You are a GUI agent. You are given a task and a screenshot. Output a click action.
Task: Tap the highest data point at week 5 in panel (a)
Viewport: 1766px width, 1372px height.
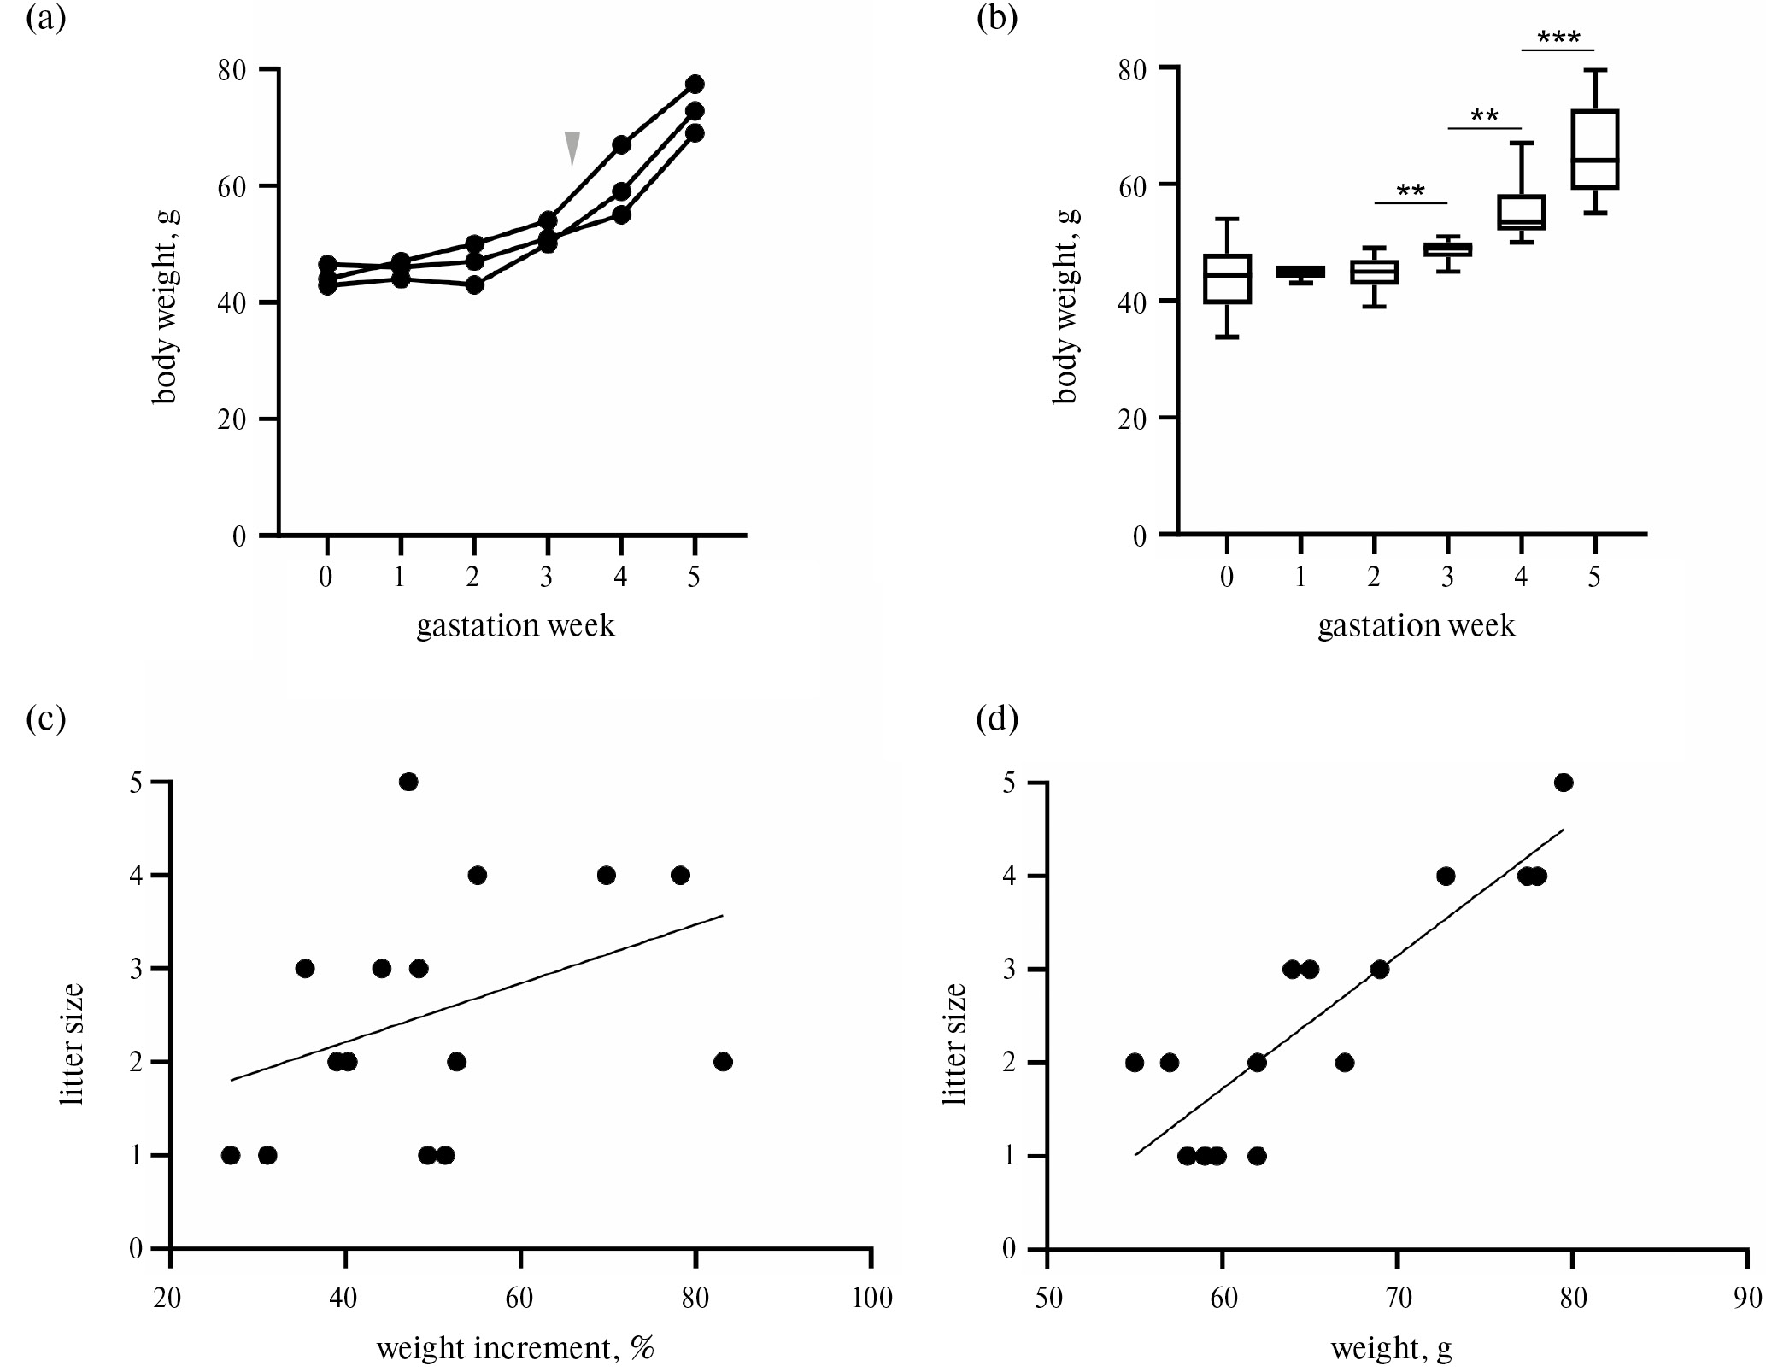tap(695, 84)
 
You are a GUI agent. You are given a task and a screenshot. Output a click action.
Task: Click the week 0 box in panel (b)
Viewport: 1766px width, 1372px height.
tap(1227, 279)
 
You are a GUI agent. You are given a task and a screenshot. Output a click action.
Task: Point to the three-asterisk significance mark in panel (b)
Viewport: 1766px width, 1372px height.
tap(1558, 38)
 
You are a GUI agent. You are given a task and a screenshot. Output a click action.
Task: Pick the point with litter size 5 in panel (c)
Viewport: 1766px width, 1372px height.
tap(408, 782)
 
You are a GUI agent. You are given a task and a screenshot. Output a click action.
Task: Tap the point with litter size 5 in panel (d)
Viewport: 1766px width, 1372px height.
tap(1564, 782)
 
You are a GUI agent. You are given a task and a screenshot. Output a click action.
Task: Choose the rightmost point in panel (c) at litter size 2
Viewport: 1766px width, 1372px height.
tap(723, 1062)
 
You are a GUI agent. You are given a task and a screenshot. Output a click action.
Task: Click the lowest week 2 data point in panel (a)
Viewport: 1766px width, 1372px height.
tap(475, 284)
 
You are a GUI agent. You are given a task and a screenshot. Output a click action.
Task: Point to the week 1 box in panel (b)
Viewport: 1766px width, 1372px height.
tap(1300, 272)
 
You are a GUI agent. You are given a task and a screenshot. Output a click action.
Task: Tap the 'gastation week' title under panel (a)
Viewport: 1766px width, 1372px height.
tap(515, 626)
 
